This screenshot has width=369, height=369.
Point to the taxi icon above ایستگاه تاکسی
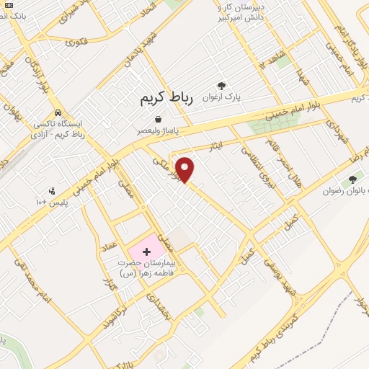[x=58, y=113]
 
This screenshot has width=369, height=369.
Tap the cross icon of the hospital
[x=147, y=252]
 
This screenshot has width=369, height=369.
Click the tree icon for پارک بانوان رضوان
[x=352, y=179]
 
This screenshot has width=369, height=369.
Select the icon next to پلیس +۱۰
[x=52, y=192]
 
